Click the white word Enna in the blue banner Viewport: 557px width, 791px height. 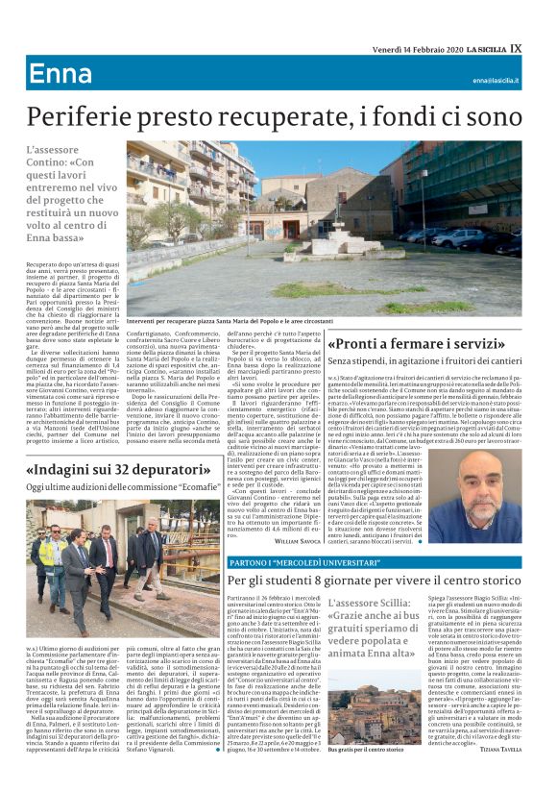click(61, 74)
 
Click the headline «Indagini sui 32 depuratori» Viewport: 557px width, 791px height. click(127, 471)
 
